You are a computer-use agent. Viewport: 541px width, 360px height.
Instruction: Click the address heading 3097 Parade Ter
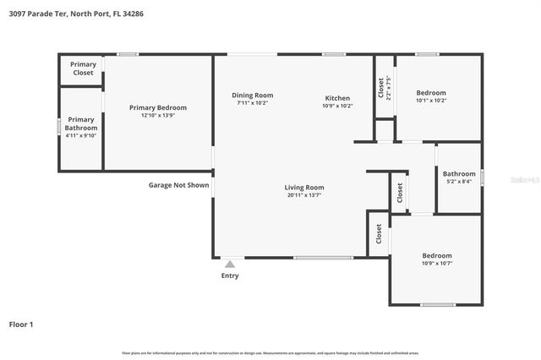72,14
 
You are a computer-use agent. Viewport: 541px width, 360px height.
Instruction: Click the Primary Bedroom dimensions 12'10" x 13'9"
158,116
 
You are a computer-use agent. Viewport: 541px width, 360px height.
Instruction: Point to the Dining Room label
253,95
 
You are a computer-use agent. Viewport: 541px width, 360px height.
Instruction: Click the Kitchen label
338,96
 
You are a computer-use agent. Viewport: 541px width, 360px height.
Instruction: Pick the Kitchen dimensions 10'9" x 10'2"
338,106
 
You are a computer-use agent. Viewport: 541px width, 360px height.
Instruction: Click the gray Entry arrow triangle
230,264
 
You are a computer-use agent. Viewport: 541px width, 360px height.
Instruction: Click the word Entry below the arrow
230,275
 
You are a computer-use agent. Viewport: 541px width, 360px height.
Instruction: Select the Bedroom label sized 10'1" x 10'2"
431,93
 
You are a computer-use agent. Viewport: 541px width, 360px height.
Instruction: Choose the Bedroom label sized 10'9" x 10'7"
437,255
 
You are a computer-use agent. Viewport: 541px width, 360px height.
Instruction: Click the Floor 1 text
22,324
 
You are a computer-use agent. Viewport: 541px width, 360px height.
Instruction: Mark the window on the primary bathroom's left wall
59,127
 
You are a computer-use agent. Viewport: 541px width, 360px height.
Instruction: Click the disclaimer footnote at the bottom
270,352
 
